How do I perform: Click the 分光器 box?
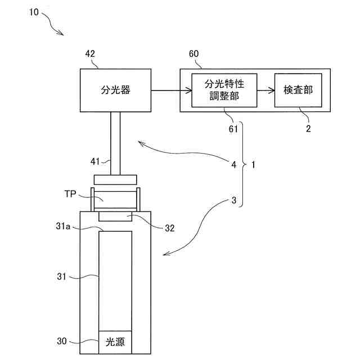115,90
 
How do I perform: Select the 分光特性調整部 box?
224,90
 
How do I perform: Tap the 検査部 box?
298,90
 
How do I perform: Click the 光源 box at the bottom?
115,341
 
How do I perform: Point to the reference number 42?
90,54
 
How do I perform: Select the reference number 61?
233,129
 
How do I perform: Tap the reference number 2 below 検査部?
307,128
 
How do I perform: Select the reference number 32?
169,228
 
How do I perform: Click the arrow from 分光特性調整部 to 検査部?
266,90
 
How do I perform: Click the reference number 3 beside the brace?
233,200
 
